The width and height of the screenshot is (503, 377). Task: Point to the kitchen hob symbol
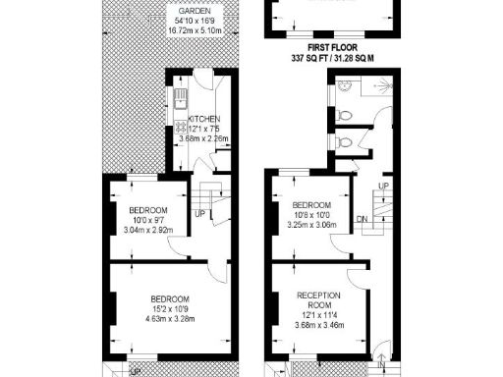point(180,129)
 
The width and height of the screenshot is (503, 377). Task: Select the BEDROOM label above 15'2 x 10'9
point(169,298)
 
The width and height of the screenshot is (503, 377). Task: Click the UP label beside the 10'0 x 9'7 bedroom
point(200,214)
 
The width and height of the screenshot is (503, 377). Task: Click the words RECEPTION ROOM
point(319,298)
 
